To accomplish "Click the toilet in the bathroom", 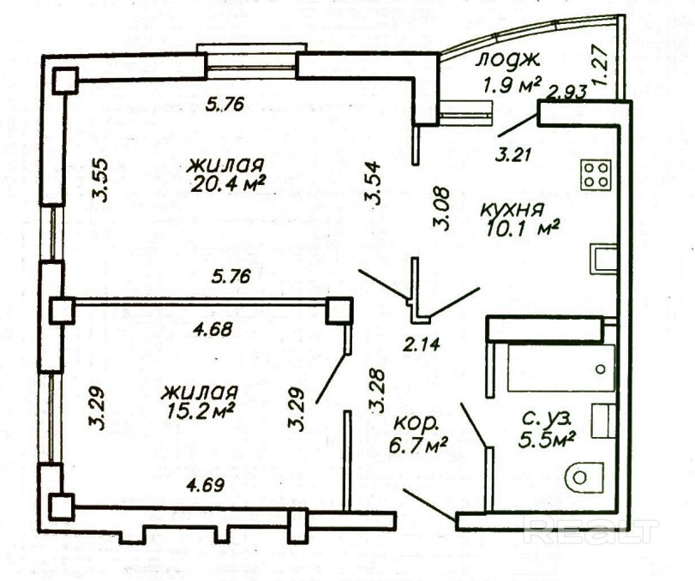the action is (584, 477).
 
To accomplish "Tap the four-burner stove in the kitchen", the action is (596, 175).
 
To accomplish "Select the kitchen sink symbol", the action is (604, 261).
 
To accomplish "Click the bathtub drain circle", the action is (601, 369).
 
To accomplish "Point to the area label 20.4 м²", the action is (228, 182).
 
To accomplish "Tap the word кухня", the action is (512, 210).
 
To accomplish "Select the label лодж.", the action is (507, 60).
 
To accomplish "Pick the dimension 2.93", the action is (568, 92).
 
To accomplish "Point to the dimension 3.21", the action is (512, 155).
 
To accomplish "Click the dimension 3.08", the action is (442, 209).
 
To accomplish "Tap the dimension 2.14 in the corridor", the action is (422, 344).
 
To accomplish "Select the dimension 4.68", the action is (214, 329).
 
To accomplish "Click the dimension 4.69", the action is (205, 485).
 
